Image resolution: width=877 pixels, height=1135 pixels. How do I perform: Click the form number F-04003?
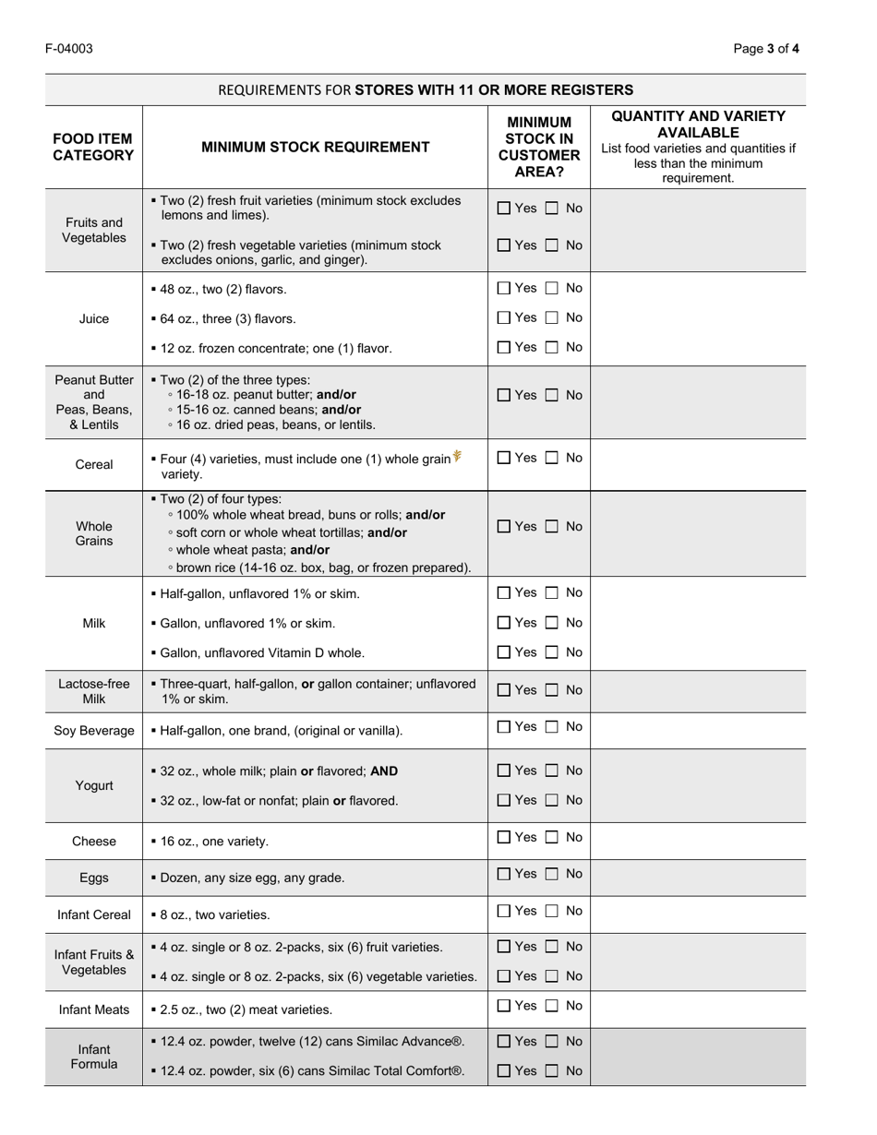[x=68, y=49]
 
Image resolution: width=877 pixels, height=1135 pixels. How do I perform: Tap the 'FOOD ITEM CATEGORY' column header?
[x=93, y=147]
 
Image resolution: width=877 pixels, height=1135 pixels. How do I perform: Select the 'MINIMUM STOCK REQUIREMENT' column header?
[x=315, y=147]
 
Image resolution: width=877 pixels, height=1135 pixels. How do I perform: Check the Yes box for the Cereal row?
[x=504, y=458]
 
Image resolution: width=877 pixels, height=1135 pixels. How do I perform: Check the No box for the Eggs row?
[x=552, y=874]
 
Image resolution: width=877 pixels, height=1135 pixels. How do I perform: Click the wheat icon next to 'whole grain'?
[x=457, y=456]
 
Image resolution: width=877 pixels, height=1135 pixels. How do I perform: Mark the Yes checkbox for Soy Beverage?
[x=504, y=727]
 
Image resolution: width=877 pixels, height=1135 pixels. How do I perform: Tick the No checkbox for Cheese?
[x=552, y=838]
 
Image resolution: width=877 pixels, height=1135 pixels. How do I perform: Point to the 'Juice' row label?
[x=93, y=319]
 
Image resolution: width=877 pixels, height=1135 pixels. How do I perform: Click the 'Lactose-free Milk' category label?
[x=93, y=691]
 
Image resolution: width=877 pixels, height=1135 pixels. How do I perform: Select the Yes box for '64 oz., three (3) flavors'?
[x=504, y=318]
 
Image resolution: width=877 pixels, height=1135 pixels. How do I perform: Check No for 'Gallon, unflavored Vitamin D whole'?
[x=552, y=652]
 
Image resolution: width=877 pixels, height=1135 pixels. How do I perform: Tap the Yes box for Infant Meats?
[x=504, y=1006]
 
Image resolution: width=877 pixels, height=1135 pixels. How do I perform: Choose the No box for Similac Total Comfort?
[x=552, y=1071]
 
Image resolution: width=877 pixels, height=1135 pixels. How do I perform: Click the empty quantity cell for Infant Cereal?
[x=698, y=914]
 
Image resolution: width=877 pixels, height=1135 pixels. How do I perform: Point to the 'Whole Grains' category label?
[x=93, y=533]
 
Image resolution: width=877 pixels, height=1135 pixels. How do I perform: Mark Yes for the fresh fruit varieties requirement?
[x=504, y=209]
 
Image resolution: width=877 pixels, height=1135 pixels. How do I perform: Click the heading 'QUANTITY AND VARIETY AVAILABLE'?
[x=698, y=125]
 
